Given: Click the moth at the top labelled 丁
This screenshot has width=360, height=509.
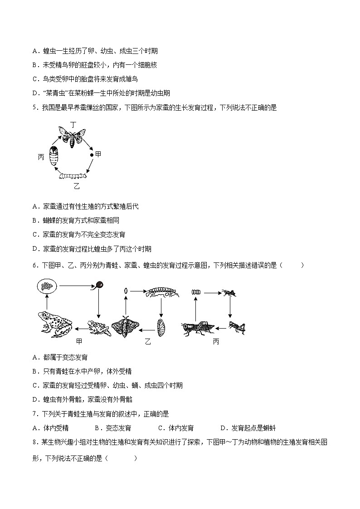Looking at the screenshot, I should point(73,136).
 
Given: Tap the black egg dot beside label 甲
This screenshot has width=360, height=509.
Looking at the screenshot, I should point(92,155).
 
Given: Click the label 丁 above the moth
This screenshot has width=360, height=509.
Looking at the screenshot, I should point(73,124).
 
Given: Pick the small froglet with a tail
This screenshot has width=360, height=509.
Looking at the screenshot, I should point(98,327).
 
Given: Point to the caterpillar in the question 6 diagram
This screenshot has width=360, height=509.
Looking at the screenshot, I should point(161,293).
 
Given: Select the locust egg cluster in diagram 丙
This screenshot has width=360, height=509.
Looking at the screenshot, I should point(195,293).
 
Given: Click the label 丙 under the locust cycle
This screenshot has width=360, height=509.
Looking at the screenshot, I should point(216,341).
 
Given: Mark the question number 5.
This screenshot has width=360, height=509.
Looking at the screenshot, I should point(34,107).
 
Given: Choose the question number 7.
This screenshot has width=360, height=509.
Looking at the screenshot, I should point(34,413).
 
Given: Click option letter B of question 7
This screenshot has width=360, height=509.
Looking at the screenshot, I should point(97,428).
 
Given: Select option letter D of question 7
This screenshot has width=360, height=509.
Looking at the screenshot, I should point(223,428).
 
